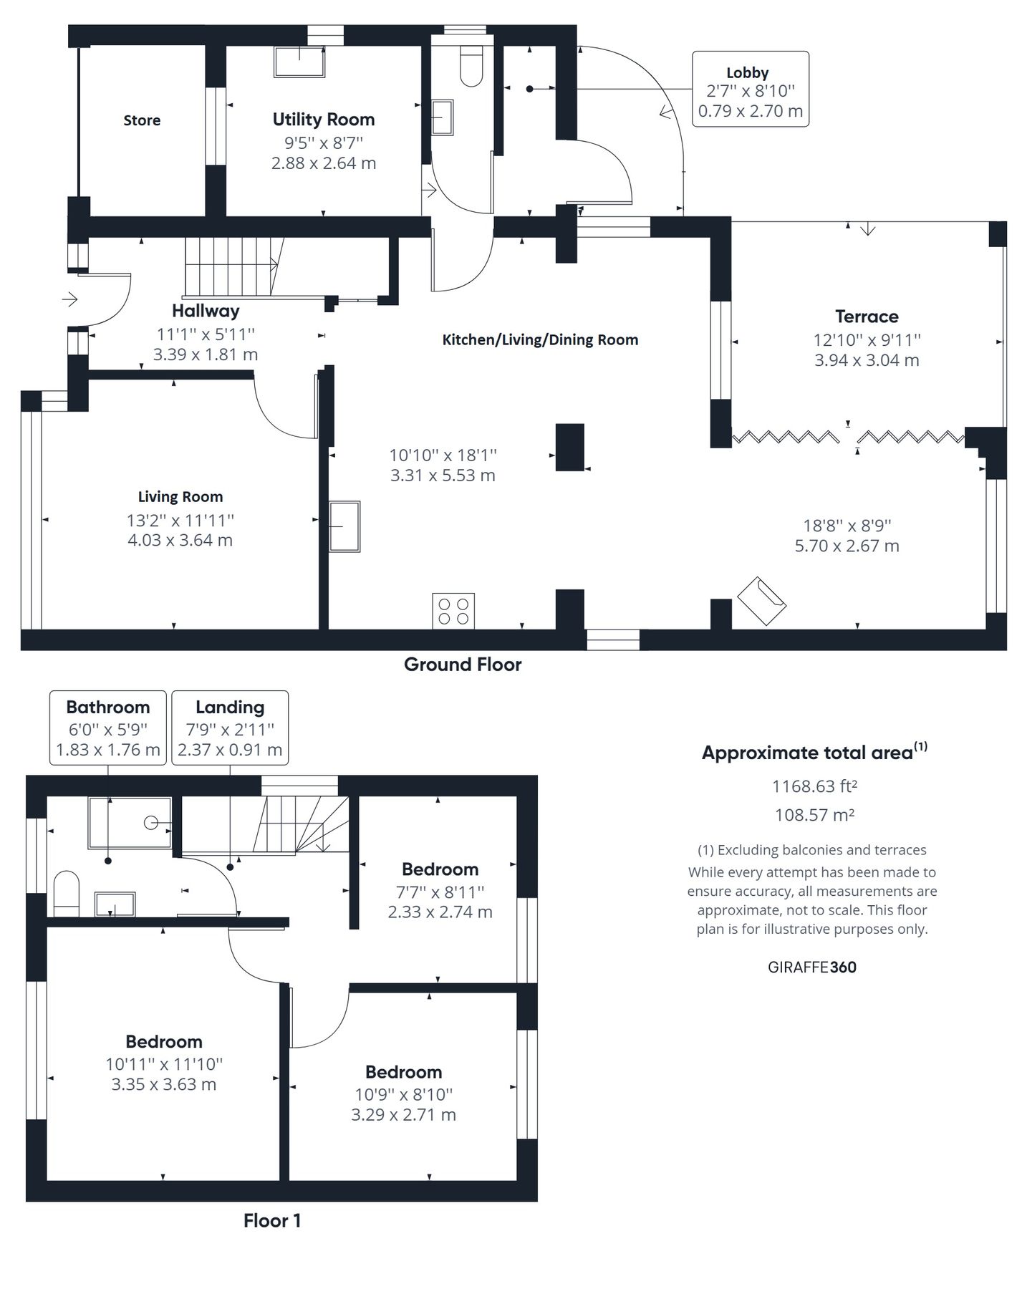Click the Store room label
click(x=141, y=120)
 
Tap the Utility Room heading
click(x=323, y=120)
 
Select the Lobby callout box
click(x=750, y=90)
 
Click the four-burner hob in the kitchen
click(x=453, y=611)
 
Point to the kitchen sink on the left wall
click(x=344, y=526)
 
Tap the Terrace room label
click(x=866, y=317)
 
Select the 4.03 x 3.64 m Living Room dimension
click(x=180, y=540)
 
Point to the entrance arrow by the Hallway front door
click(x=70, y=299)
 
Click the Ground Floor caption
click(x=462, y=665)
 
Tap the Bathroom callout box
click(x=107, y=728)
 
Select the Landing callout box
click(x=230, y=728)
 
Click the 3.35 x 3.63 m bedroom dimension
click(x=163, y=1084)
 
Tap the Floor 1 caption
click(x=271, y=1221)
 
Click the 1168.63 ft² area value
click(x=814, y=786)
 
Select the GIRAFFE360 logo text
click(x=811, y=967)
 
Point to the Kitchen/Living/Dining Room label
click(x=539, y=340)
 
